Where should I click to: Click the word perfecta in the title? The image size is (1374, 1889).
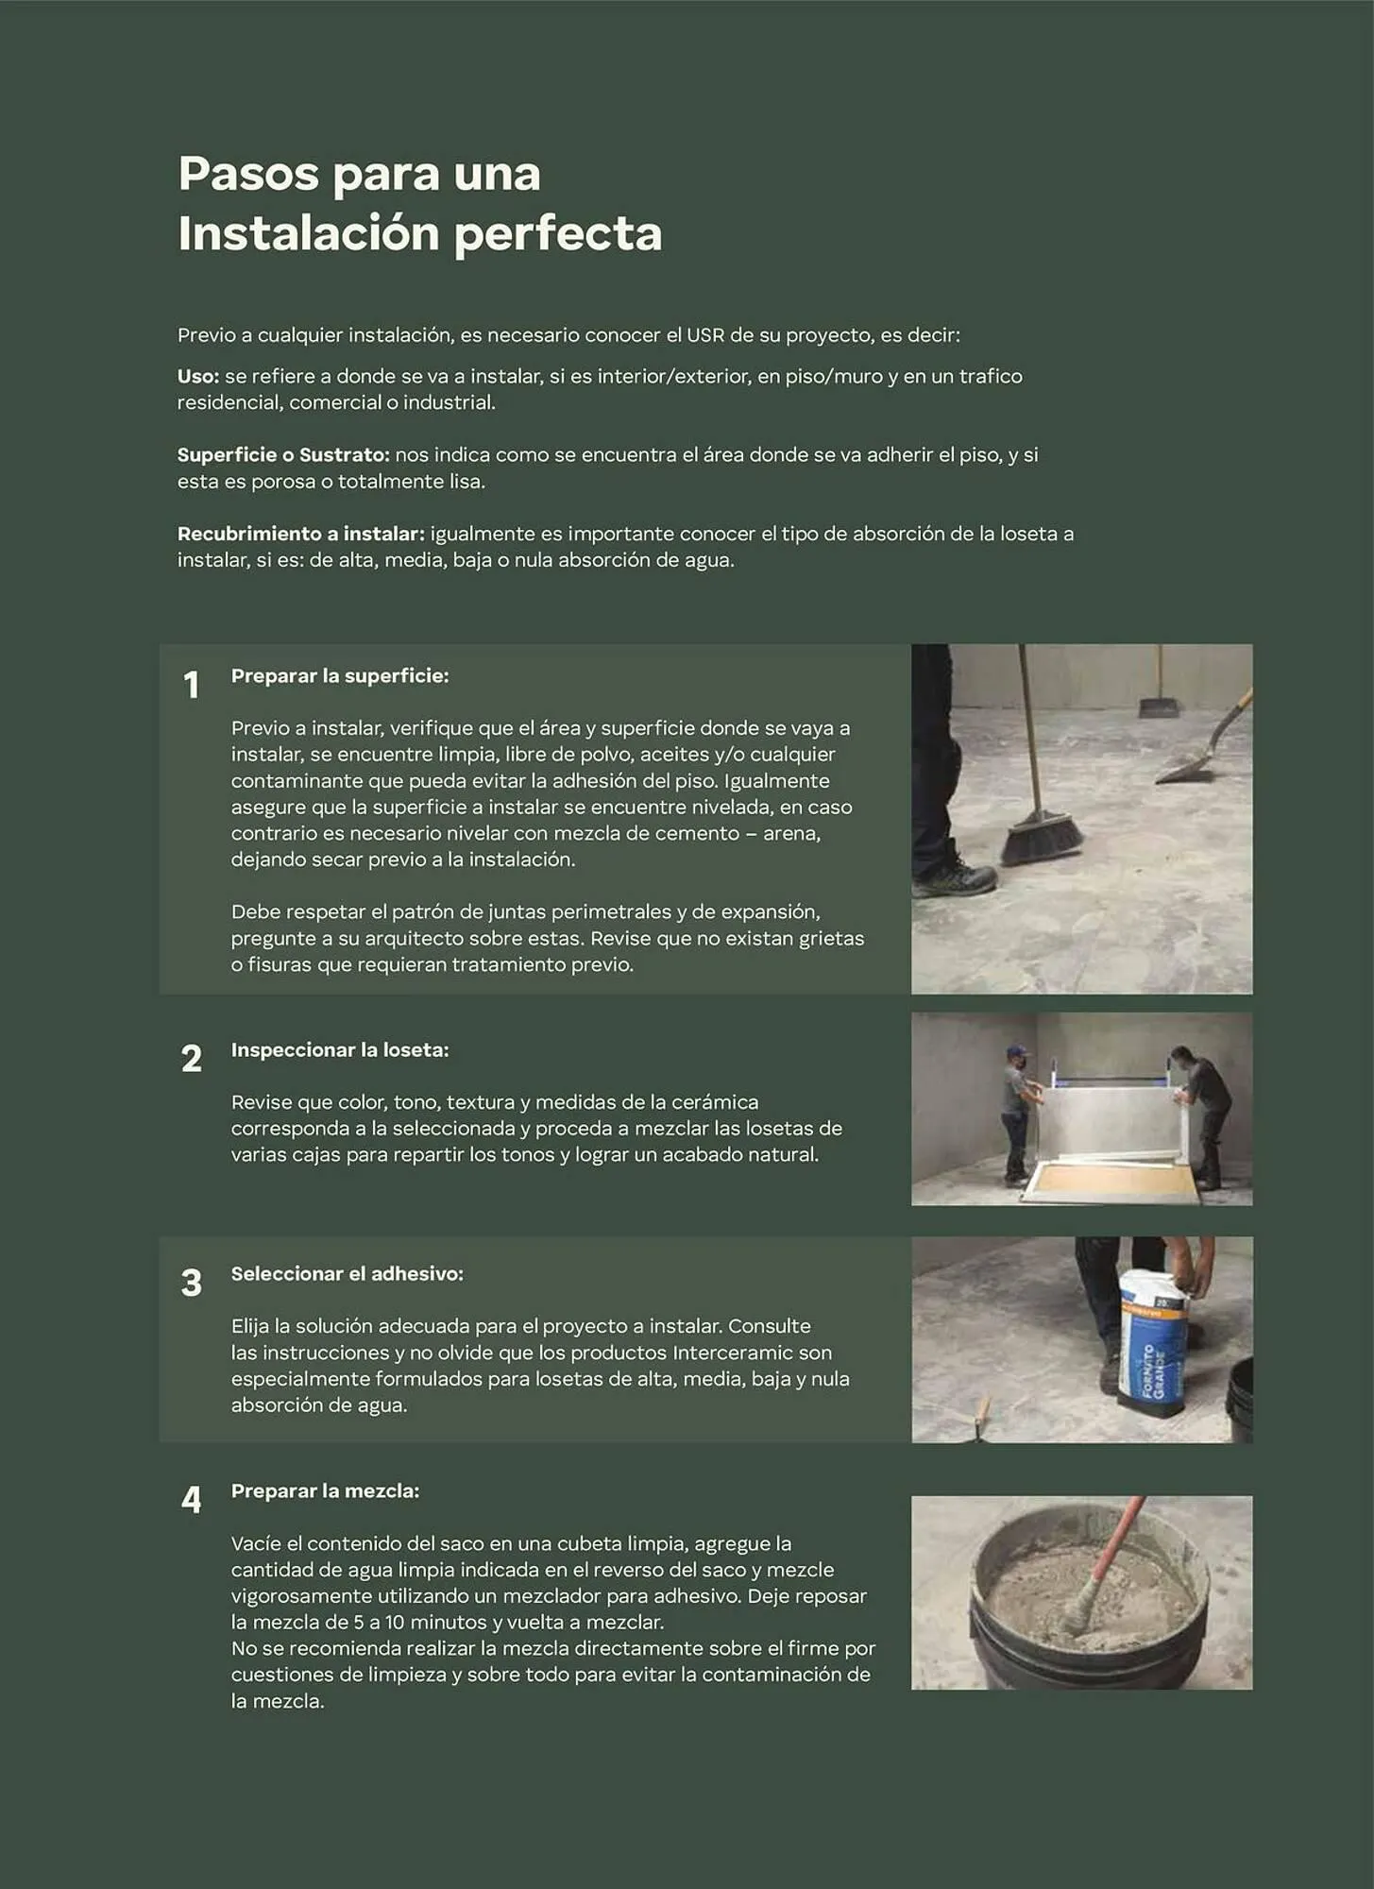pos(558,234)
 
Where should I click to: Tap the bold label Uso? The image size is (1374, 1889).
pos(197,376)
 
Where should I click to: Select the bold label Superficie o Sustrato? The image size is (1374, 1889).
pos(283,455)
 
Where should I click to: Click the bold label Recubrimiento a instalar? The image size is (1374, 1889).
pos(300,534)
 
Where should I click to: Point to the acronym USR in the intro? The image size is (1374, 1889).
pos(705,335)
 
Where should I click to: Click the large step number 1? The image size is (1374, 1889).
pos(191,686)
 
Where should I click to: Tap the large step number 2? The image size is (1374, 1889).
pos(191,1059)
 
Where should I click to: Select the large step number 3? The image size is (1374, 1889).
pos(191,1283)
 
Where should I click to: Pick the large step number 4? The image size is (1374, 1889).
pos(191,1500)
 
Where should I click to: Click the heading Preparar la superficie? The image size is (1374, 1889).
pos(340,676)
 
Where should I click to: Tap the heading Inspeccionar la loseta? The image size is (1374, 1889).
pos(340,1050)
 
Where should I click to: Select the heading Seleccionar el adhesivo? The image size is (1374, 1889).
pos(347,1274)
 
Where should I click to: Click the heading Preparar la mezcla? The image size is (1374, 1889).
pos(325,1491)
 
